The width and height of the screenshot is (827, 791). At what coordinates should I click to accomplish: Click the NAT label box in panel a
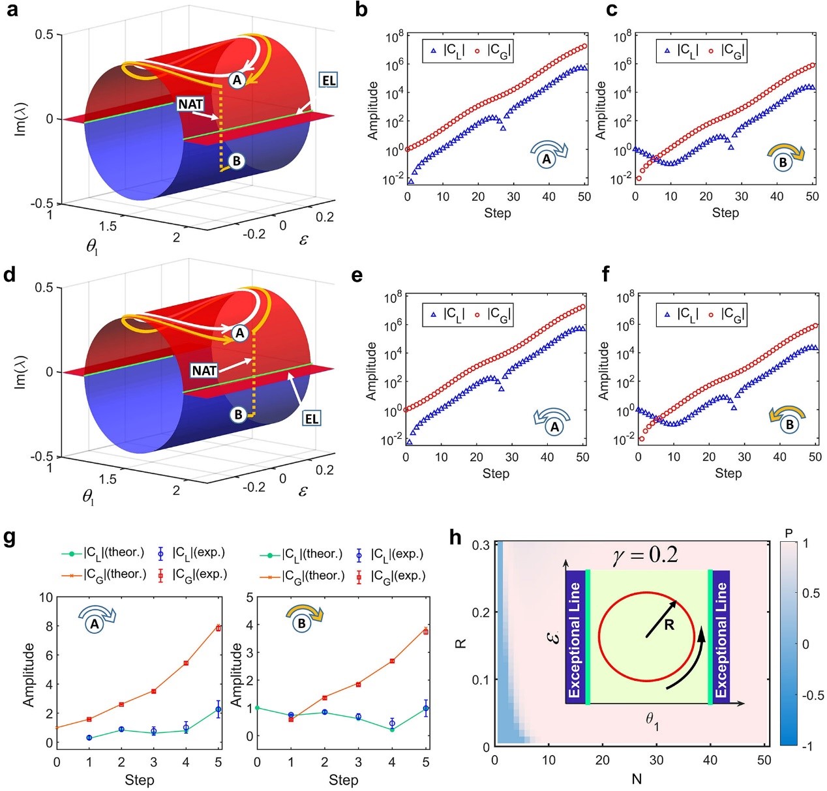tap(190, 104)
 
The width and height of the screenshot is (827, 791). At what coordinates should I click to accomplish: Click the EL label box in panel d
tap(312, 419)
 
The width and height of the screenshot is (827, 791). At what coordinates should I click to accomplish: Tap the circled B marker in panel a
tap(237, 160)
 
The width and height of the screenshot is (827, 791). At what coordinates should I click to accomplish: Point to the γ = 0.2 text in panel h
tap(645, 555)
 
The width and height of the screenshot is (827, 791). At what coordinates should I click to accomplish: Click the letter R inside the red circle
tap(669, 625)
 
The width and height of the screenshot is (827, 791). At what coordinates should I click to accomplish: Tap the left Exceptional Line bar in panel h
tap(574, 638)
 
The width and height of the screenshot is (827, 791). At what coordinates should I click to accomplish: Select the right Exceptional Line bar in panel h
tap(721, 638)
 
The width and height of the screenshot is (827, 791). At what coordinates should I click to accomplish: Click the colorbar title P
tap(789, 533)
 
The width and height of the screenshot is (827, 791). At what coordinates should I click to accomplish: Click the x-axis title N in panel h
tap(637, 779)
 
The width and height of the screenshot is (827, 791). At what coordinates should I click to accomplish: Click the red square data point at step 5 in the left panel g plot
tap(218, 628)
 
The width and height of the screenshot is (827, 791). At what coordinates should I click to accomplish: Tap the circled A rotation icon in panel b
tap(547, 158)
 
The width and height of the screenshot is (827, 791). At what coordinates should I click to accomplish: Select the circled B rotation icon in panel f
tap(789, 425)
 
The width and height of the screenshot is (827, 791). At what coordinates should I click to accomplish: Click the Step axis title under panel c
tap(725, 213)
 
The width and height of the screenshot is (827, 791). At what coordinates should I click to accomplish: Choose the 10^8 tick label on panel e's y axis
tap(393, 298)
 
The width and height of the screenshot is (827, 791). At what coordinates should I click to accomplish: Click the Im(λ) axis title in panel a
tap(21, 118)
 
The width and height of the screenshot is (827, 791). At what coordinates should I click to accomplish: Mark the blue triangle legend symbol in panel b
tap(433, 50)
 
